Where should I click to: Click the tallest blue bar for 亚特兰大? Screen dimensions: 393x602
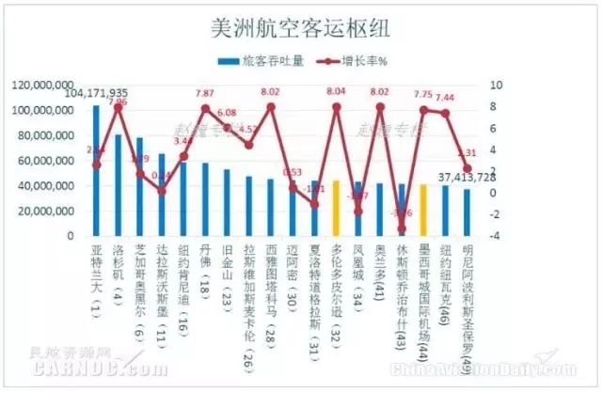pyautogui.click(x=96, y=169)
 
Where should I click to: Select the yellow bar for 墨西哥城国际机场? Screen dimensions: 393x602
pyautogui.click(x=423, y=210)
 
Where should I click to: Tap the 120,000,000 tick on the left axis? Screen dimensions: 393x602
pyautogui.click(x=46, y=85)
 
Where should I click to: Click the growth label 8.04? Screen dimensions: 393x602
pyautogui.click(x=336, y=93)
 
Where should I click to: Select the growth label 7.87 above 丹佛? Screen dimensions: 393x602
pyautogui.click(x=205, y=94)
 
